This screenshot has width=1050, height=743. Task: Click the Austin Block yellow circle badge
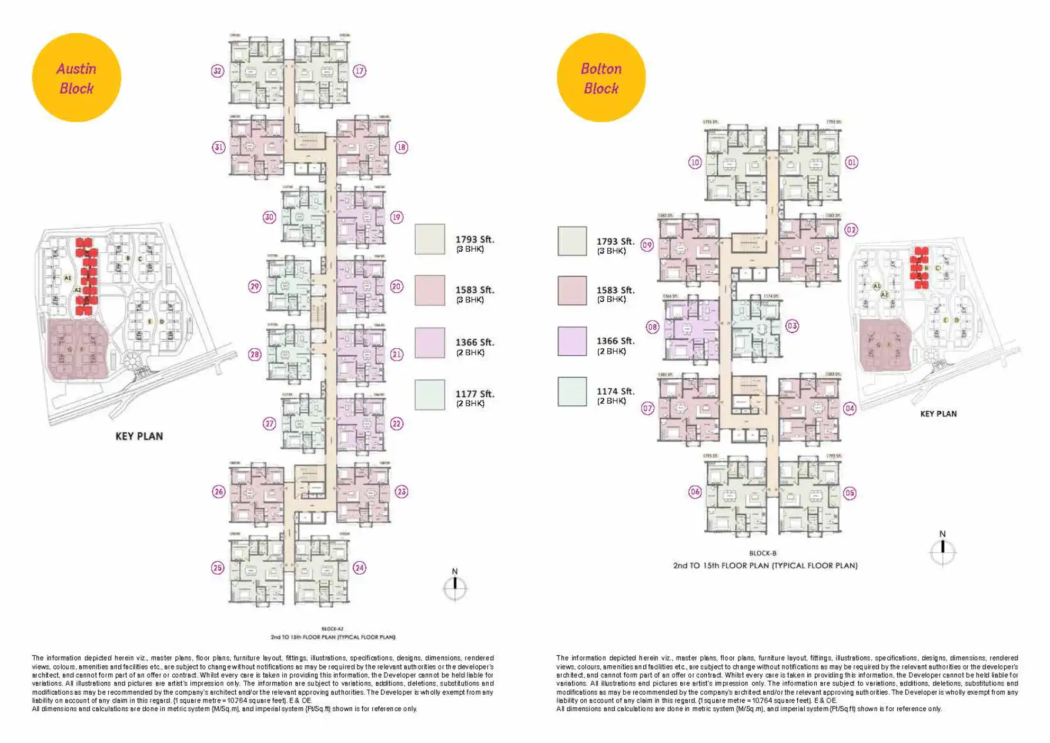pyautogui.click(x=76, y=78)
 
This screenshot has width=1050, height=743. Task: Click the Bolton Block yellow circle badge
pyautogui.click(x=601, y=78)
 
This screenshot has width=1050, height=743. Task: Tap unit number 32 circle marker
pyautogui.click(x=218, y=71)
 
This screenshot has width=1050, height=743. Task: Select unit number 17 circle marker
pyautogui.click(x=359, y=71)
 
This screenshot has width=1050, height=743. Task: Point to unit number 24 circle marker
pyautogui.click(x=359, y=568)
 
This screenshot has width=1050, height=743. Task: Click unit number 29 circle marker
pyautogui.click(x=255, y=286)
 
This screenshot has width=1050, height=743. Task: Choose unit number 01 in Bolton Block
pyautogui.click(x=851, y=162)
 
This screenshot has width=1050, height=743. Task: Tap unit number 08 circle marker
pyautogui.click(x=653, y=327)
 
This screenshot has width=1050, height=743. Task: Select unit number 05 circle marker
pyautogui.click(x=850, y=493)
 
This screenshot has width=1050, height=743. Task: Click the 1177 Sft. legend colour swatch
pyautogui.click(x=430, y=395)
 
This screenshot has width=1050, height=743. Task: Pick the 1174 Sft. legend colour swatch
pyautogui.click(x=572, y=392)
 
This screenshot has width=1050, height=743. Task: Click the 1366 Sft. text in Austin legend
pyautogui.click(x=474, y=342)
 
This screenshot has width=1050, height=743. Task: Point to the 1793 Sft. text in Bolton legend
pyautogui.click(x=615, y=241)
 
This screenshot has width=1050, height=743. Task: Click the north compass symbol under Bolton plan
pyautogui.click(x=942, y=552)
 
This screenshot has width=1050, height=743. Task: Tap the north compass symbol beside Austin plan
pyautogui.click(x=454, y=587)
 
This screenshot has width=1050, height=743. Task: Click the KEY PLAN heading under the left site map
pyautogui.click(x=139, y=436)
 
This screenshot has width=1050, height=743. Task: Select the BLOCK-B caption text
pyautogui.click(x=763, y=553)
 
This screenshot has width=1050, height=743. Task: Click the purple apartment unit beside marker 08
pyautogui.click(x=691, y=329)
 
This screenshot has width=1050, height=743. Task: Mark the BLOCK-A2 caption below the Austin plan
pyautogui.click(x=333, y=629)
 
